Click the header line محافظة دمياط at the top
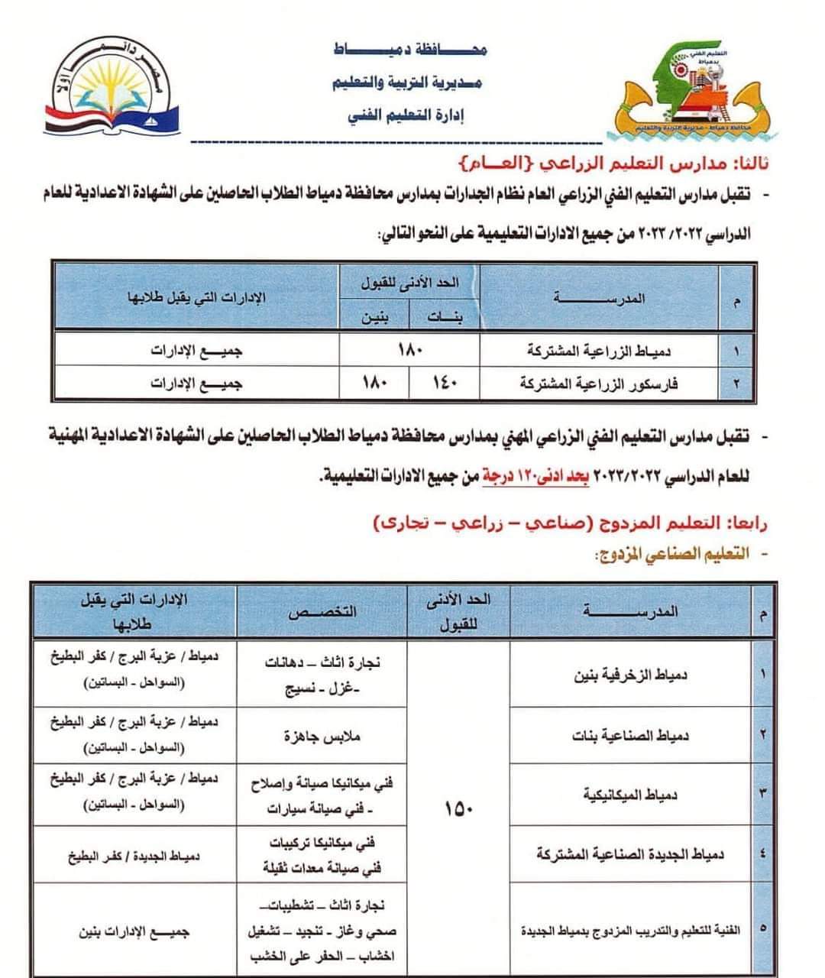[x=410, y=50]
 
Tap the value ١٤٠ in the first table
[x=444, y=384]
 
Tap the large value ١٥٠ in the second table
[x=458, y=809]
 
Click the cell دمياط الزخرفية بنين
[x=631, y=675]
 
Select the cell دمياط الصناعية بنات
[x=631, y=736]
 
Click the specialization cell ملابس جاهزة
[x=322, y=737]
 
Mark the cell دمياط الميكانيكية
[x=631, y=795]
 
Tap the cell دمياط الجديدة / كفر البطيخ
[x=134, y=857]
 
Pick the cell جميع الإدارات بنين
[x=134, y=932]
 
